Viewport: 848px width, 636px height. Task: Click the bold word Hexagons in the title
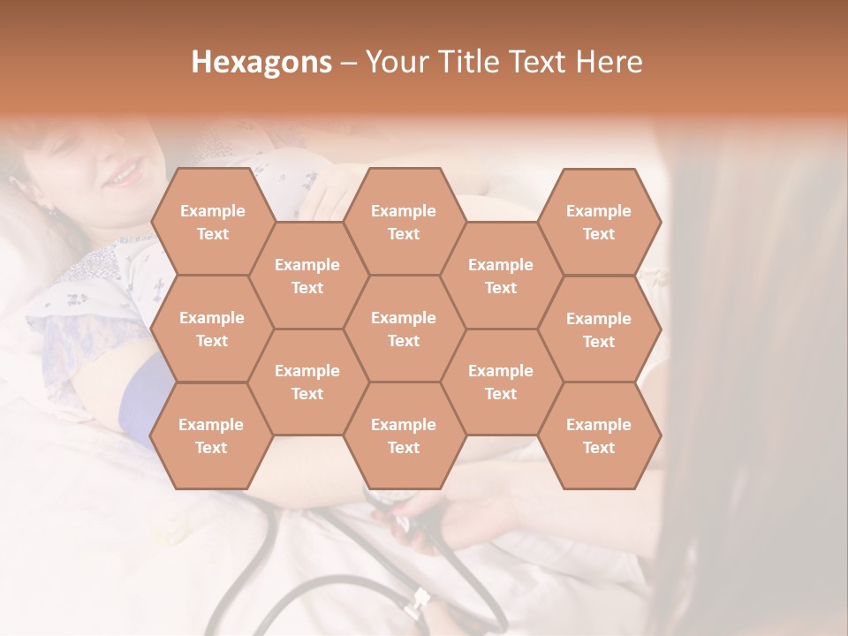click(261, 62)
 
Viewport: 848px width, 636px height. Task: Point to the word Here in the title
click(609, 62)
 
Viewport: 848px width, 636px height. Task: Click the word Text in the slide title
click(538, 62)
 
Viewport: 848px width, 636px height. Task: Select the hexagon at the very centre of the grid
click(404, 329)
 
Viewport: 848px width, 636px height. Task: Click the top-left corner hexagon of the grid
click(212, 222)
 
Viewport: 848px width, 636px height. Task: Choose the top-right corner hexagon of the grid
click(599, 222)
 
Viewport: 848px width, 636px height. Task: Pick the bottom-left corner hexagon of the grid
click(211, 435)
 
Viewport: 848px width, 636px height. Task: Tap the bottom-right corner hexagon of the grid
click(599, 435)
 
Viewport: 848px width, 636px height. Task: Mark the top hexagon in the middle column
click(404, 222)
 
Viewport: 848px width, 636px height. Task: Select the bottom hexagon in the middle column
click(404, 435)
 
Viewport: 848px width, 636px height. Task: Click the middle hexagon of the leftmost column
click(212, 329)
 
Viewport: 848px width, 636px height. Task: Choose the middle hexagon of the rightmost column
click(599, 329)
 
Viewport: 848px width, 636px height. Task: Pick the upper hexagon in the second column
click(307, 276)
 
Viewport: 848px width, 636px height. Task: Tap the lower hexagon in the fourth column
click(501, 382)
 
